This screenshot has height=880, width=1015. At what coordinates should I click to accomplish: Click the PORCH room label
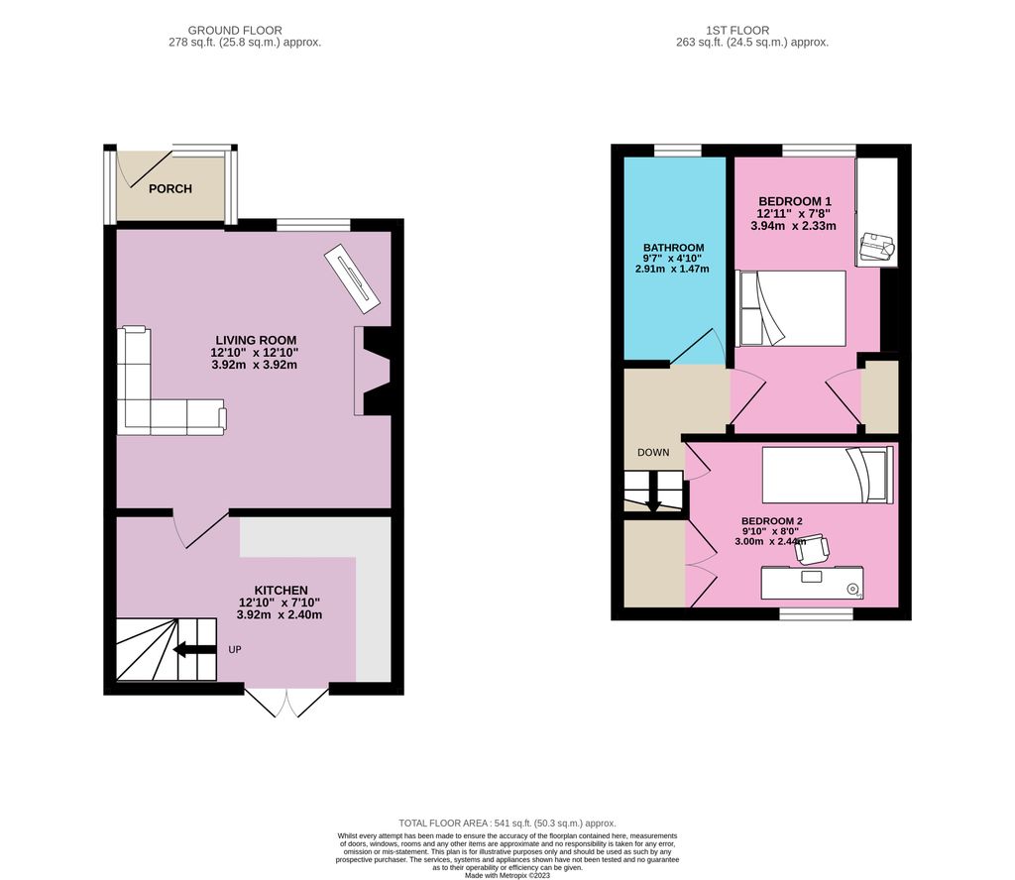click(169, 189)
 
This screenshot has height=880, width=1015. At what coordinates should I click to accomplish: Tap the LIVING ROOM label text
click(256, 340)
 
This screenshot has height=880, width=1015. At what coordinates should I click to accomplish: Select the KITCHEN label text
click(280, 590)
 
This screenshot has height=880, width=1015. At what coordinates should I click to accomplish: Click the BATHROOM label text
click(673, 248)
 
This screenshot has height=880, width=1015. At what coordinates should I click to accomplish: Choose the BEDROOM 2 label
click(771, 521)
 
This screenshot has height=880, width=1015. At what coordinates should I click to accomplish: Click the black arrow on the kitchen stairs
click(194, 651)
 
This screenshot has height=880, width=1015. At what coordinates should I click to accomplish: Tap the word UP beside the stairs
click(235, 651)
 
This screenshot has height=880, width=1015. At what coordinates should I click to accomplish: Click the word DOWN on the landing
click(652, 453)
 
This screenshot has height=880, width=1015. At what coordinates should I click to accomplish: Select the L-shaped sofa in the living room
click(159, 396)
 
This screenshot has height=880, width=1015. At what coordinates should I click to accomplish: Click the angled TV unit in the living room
click(352, 274)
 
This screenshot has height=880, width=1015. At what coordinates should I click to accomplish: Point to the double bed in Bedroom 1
click(791, 307)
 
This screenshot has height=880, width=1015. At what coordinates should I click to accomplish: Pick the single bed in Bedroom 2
click(827, 476)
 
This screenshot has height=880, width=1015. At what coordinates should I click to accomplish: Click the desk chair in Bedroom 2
click(813, 547)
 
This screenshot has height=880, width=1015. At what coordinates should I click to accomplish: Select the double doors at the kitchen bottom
click(286, 702)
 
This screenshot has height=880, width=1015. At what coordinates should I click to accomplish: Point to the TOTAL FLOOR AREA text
click(507, 824)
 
